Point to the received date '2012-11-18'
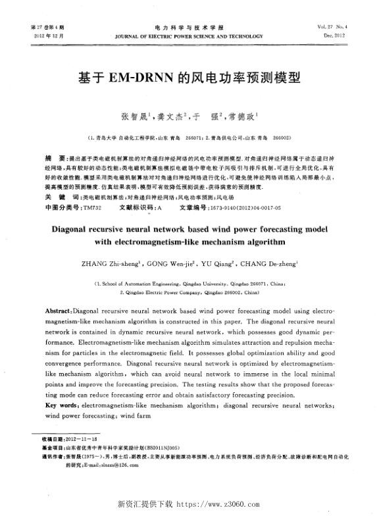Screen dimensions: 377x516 79,439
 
